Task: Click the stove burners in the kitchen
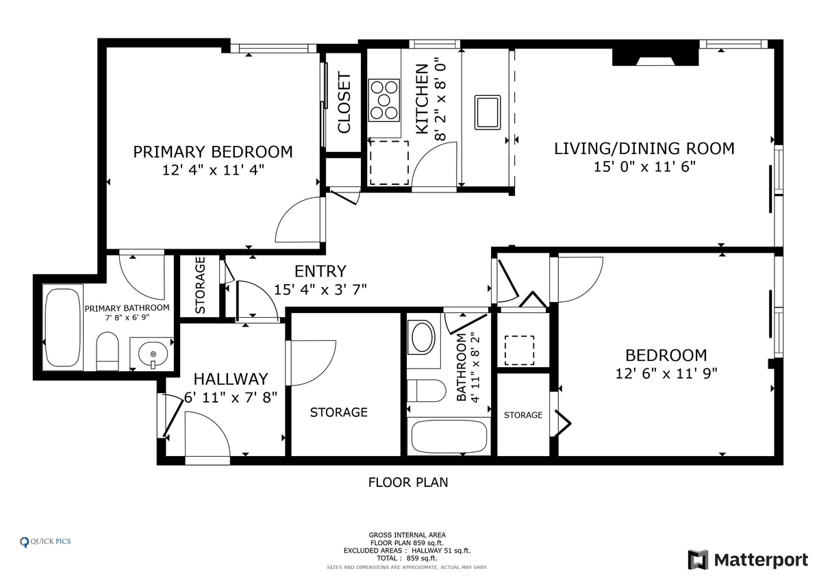tap(384, 100)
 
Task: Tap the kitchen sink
tap(488, 112)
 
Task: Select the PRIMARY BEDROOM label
tap(212, 151)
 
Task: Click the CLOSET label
tap(344, 103)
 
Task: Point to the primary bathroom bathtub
tap(62, 327)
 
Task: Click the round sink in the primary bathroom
tap(153, 354)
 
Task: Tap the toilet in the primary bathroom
tap(108, 351)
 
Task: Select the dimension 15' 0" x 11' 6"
tap(644, 167)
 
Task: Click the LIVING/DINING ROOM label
tap(644, 149)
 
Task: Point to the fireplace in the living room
tap(655, 57)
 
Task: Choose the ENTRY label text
tap(320, 271)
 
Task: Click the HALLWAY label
tap(231, 379)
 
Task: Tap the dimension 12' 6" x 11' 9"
tap(666, 373)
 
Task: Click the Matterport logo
tap(748, 560)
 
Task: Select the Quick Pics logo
tap(45, 542)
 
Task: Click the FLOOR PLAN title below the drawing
tap(408, 483)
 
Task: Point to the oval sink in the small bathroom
tap(423, 338)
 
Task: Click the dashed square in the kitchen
tap(389, 162)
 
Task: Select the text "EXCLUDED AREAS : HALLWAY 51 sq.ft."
tap(407, 551)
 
